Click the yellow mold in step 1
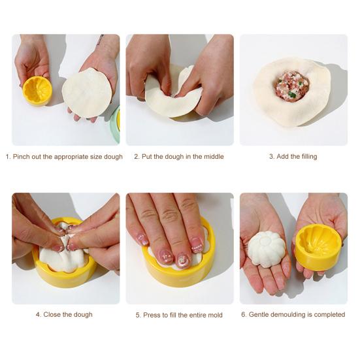[x=37, y=91]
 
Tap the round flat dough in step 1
[x=87, y=93]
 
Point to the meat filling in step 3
[x=291, y=86]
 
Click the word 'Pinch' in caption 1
[x=21, y=157]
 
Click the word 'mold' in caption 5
[x=216, y=315]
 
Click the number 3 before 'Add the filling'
[x=271, y=157]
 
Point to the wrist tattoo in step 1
[x=100, y=39]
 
